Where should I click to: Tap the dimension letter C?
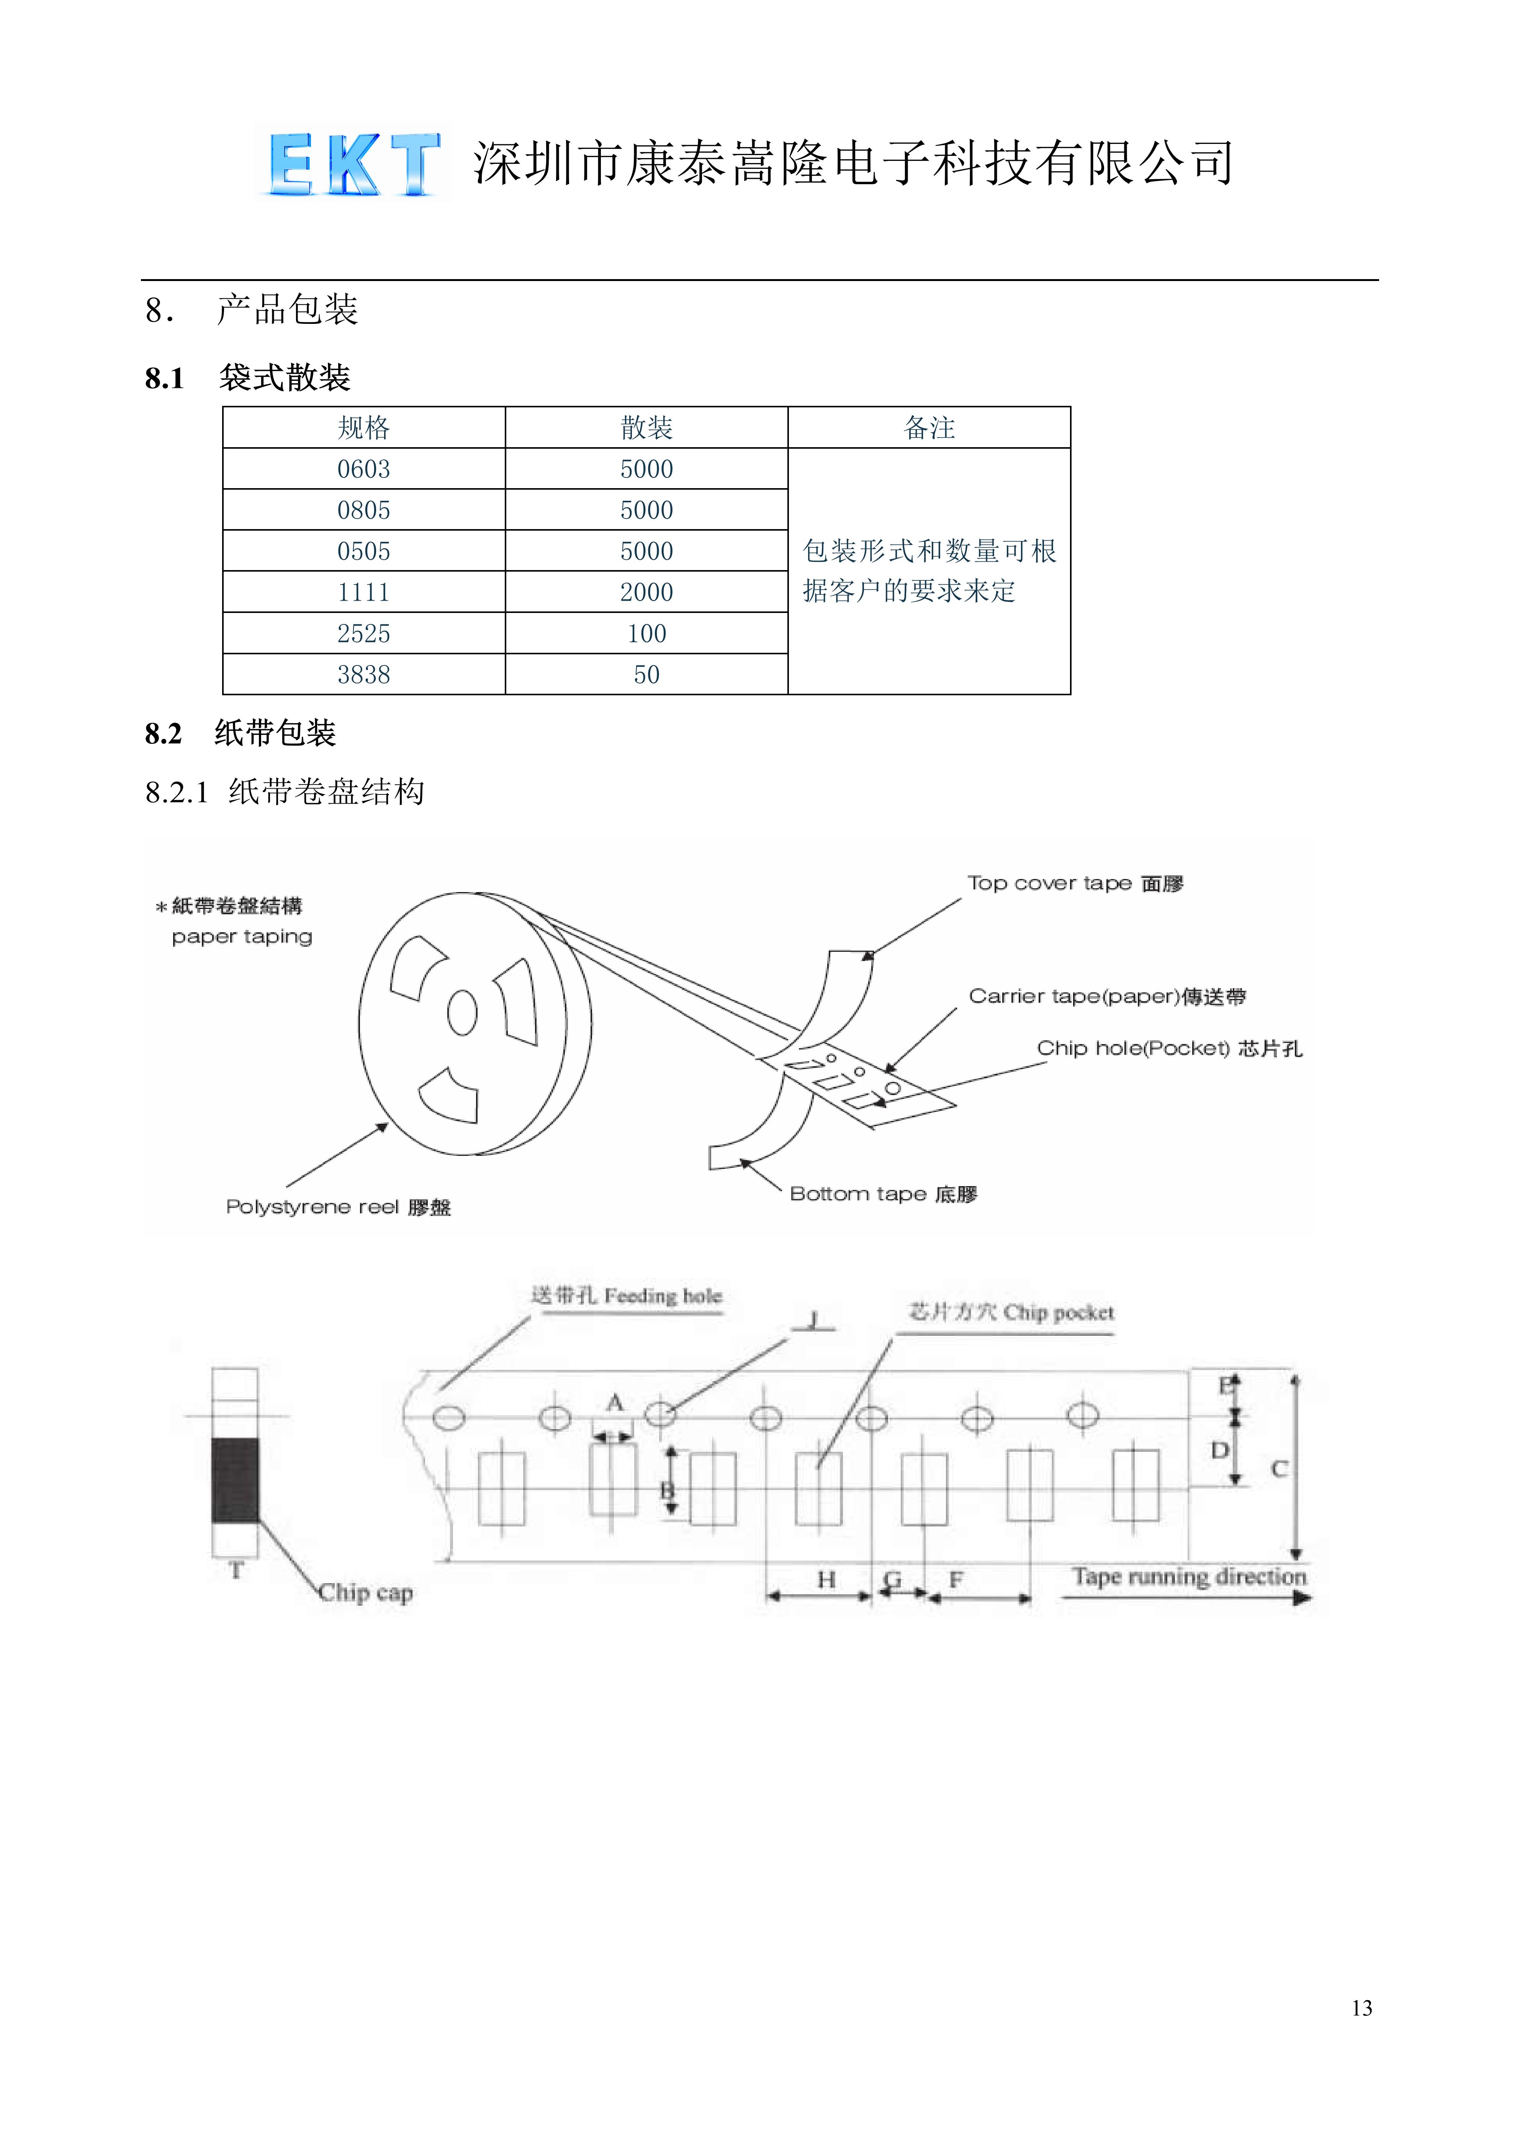pos(1279,1469)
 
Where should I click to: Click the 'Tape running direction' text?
pos(1189,1577)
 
